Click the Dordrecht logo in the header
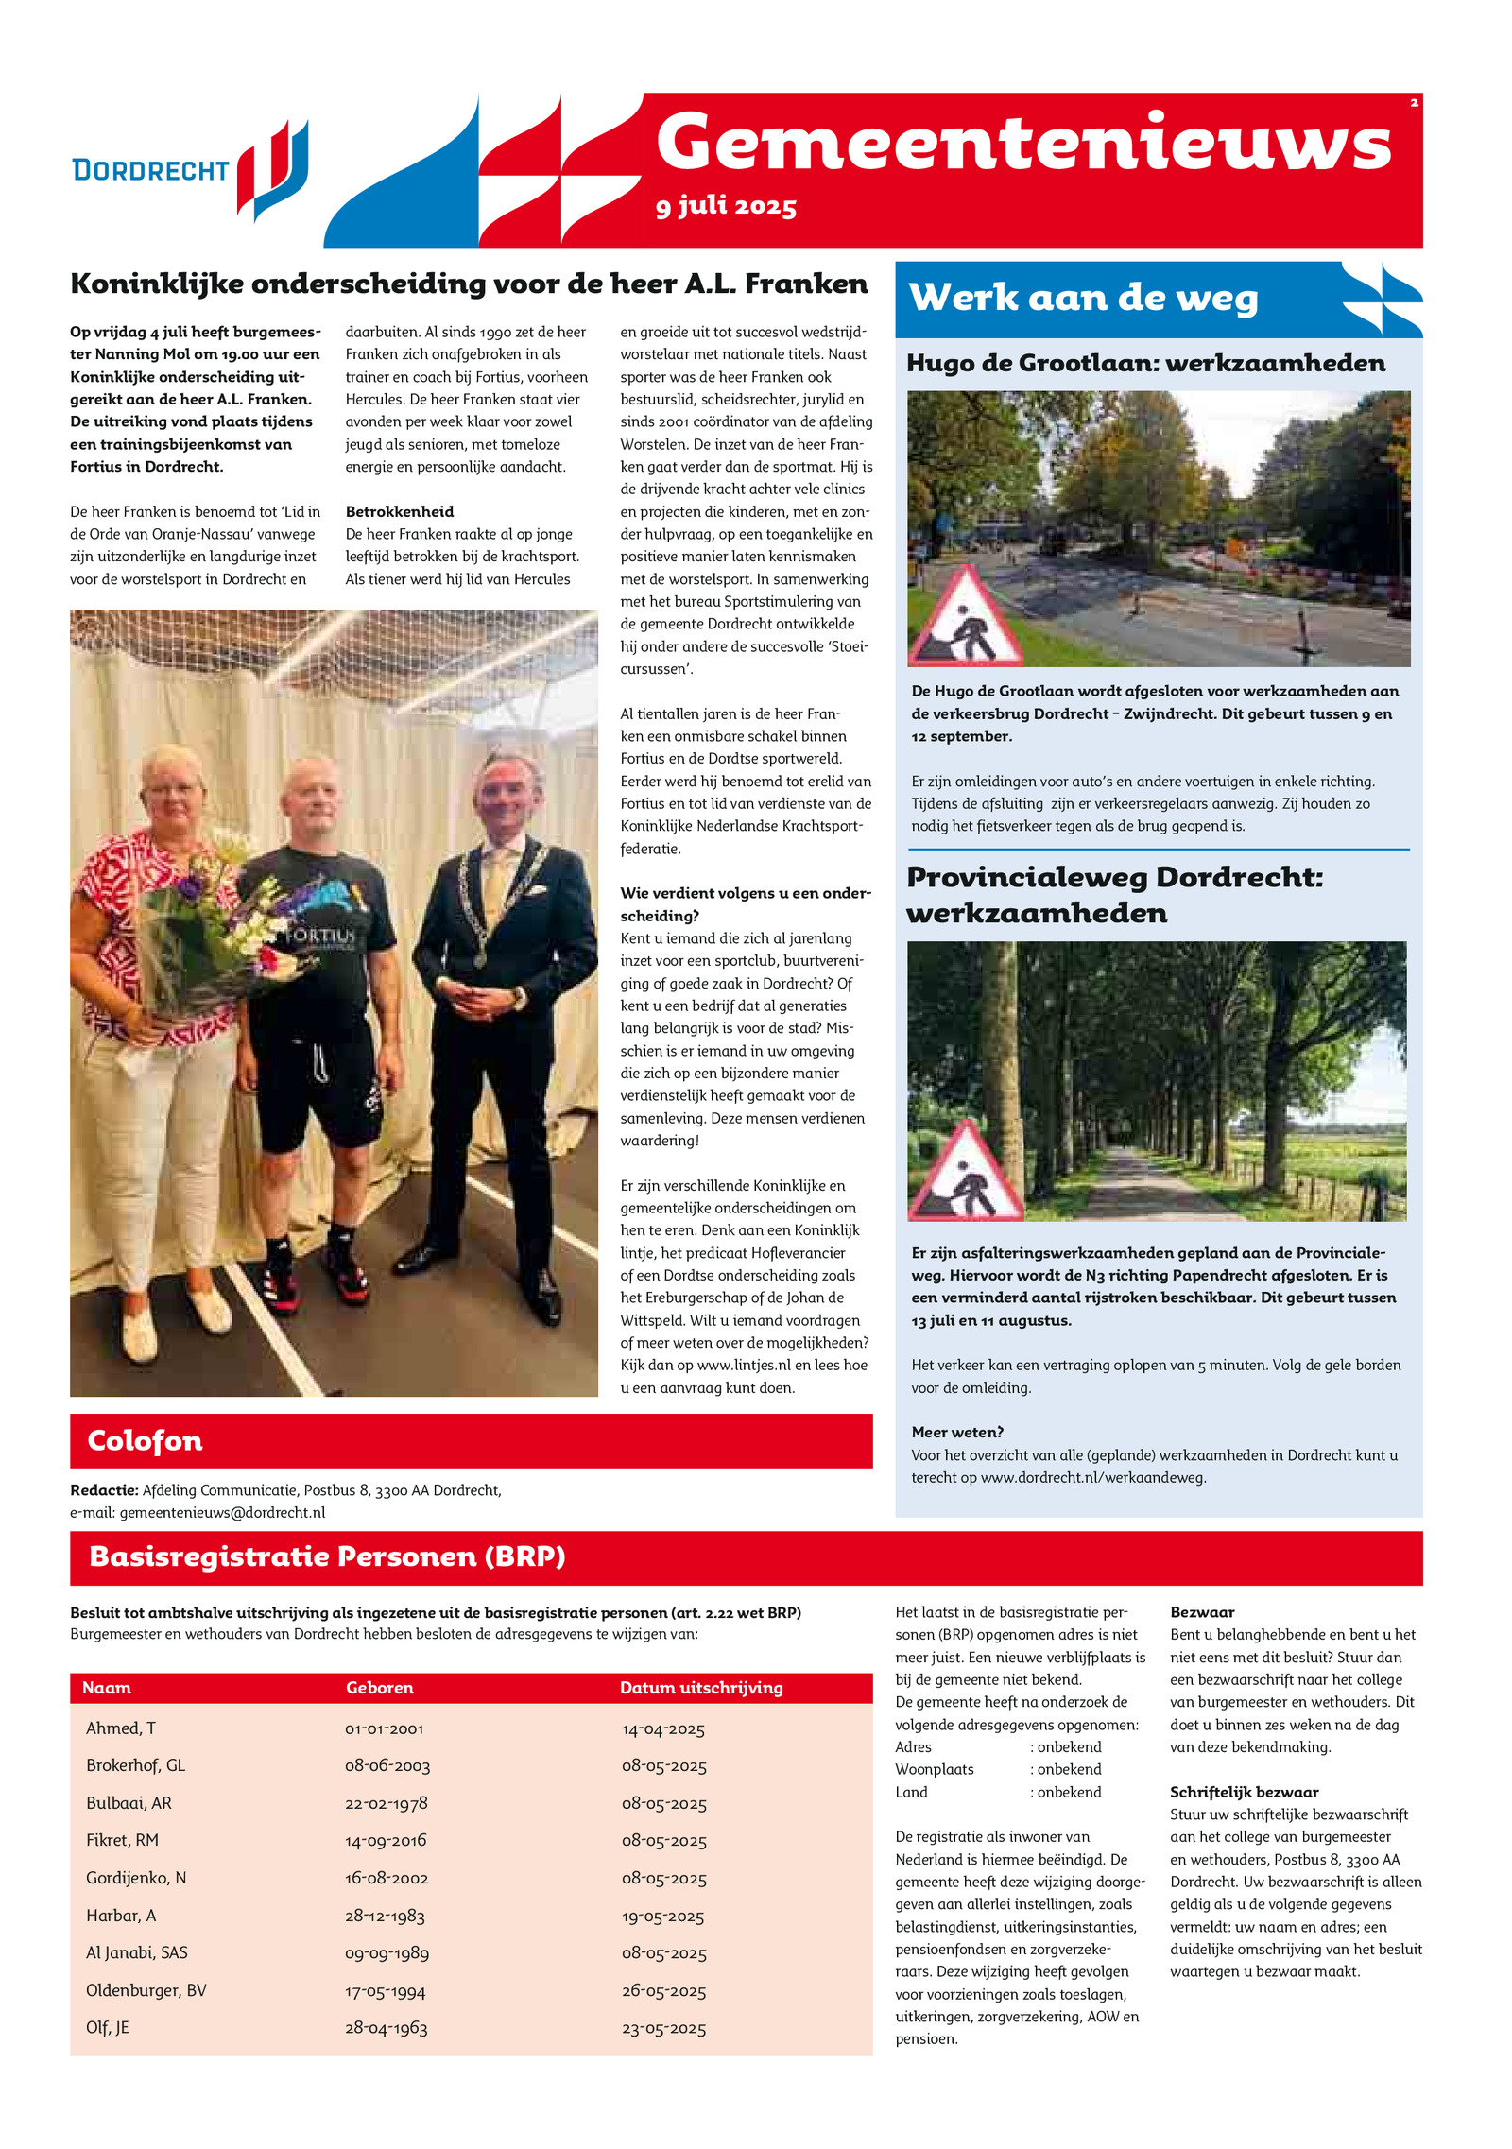[x=190, y=168]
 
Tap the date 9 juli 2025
[x=726, y=206]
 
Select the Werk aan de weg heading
[x=1083, y=298]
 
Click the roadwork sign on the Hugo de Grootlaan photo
[x=965, y=618]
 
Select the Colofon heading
[x=145, y=1440]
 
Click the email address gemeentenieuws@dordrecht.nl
[x=222, y=1512]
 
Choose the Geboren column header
[x=379, y=1688]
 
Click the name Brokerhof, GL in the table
[x=135, y=1765]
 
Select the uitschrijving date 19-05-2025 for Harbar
[x=663, y=1917]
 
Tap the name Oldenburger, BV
[x=146, y=1991]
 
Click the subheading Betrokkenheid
[x=400, y=511]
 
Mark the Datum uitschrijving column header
[x=701, y=1688]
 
